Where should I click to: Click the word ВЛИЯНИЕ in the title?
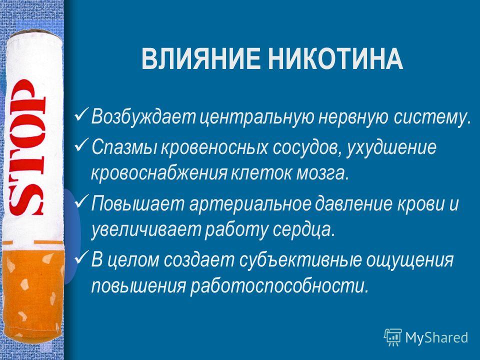coord(201,59)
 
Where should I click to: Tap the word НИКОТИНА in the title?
coord(335,59)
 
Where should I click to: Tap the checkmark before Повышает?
coord(81,201)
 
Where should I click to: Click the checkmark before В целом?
coord(81,258)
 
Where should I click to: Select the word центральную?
coord(257,118)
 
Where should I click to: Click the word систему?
coord(432,117)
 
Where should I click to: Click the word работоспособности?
coord(279,287)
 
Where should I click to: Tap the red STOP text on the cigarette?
coord(27,147)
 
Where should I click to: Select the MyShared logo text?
coord(436,337)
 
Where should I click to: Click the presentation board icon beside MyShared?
coord(393,337)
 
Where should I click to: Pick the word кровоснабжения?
coord(159,174)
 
